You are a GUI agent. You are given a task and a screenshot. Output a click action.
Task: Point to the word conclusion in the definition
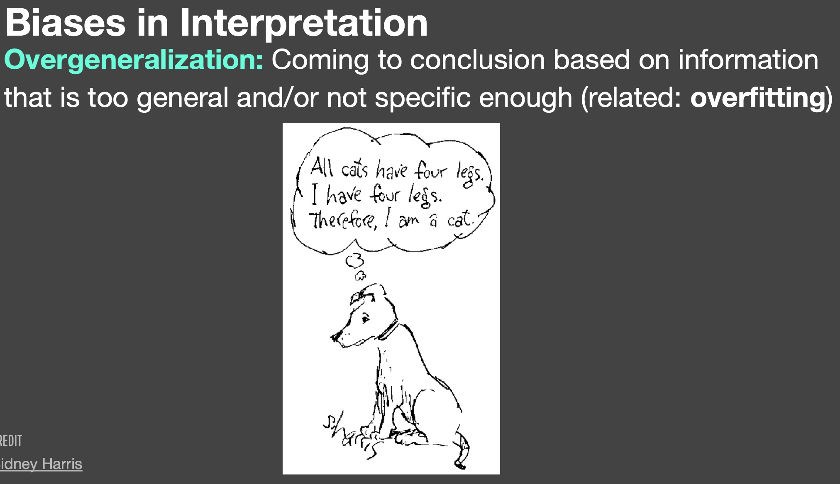pos(477,60)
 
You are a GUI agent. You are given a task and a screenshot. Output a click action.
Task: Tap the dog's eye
pos(365,318)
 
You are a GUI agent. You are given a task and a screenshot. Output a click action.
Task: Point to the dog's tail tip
pos(460,464)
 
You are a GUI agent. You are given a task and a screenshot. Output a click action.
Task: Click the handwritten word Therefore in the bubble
pos(343,220)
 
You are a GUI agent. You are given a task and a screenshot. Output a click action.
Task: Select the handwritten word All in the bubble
pos(322,167)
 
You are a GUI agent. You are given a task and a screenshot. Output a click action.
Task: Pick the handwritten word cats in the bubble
pos(354,169)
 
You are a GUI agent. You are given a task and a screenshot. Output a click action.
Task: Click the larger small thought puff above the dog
pos(354,261)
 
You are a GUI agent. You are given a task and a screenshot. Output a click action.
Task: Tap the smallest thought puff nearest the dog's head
pos(360,275)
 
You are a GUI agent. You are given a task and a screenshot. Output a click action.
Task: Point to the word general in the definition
pos(183,98)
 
